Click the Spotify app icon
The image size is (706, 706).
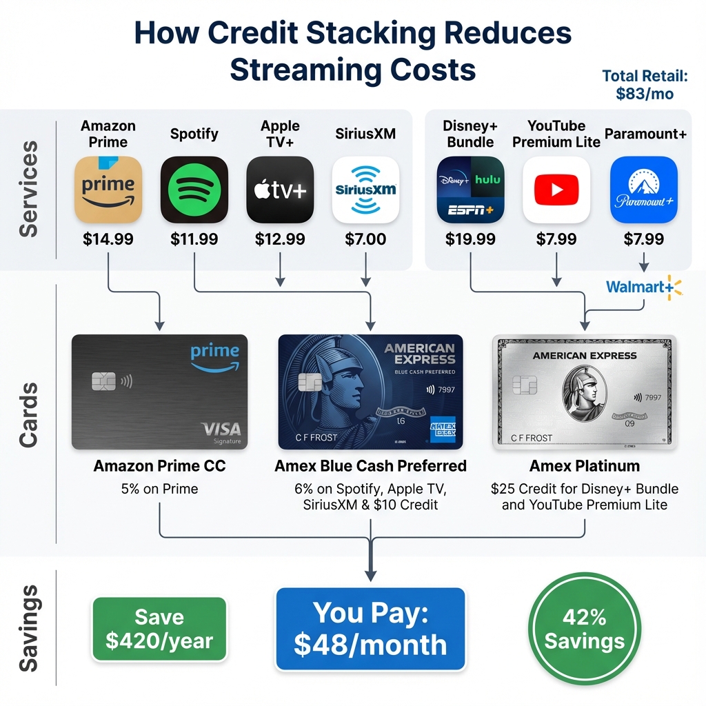click(x=194, y=190)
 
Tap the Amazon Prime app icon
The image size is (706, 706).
click(x=108, y=190)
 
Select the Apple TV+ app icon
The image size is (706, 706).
click(x=280, y=190)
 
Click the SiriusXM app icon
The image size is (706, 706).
click(x=365, y=190)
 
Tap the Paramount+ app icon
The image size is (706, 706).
click(x=644, y=190)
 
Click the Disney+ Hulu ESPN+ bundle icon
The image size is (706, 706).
click(x=471, y=190)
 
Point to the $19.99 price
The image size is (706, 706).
click(x=471, y=239)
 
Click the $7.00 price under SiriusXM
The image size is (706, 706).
click(x=365, y=239)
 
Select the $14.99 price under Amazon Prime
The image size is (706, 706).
click(x=108, y=239)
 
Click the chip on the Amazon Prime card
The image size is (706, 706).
click(x=103, y=380)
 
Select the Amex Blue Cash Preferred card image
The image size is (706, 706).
click(x=370, y=392)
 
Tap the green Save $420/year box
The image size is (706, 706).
click(x=159, y=628)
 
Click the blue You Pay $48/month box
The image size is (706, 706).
click(x=370, y=628)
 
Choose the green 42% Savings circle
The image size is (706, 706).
click(x=584, y=628)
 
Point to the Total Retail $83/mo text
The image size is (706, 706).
click(x=645, y=85)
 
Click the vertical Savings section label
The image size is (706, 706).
click(x=28, y=628)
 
